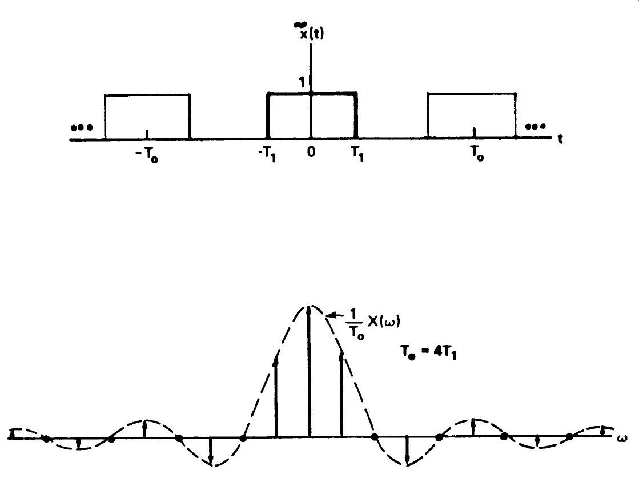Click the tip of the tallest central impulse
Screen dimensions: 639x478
[309, 308]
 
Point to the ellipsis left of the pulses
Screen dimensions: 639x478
[82, 127]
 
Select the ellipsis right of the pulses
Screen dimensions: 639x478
[534, 126]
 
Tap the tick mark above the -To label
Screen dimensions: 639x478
[147, 134]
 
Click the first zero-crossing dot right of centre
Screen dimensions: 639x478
[375, 437]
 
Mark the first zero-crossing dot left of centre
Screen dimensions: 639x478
[243, 439]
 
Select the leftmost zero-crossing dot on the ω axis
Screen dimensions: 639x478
[46, 439]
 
